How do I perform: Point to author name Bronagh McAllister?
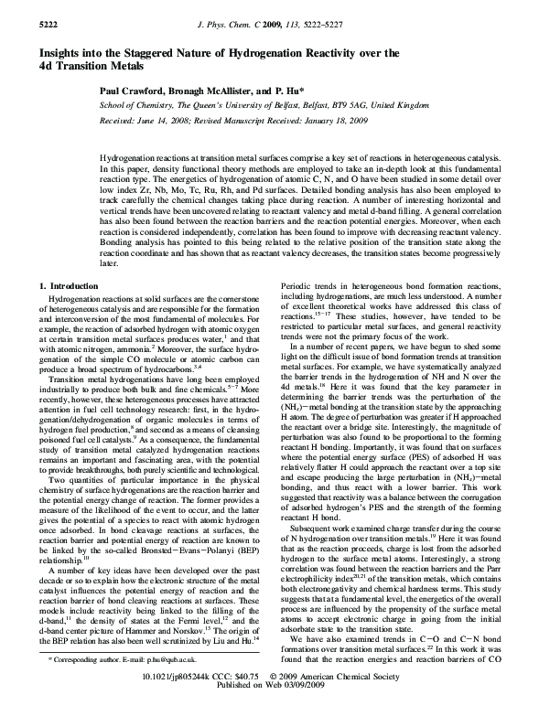201,92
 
